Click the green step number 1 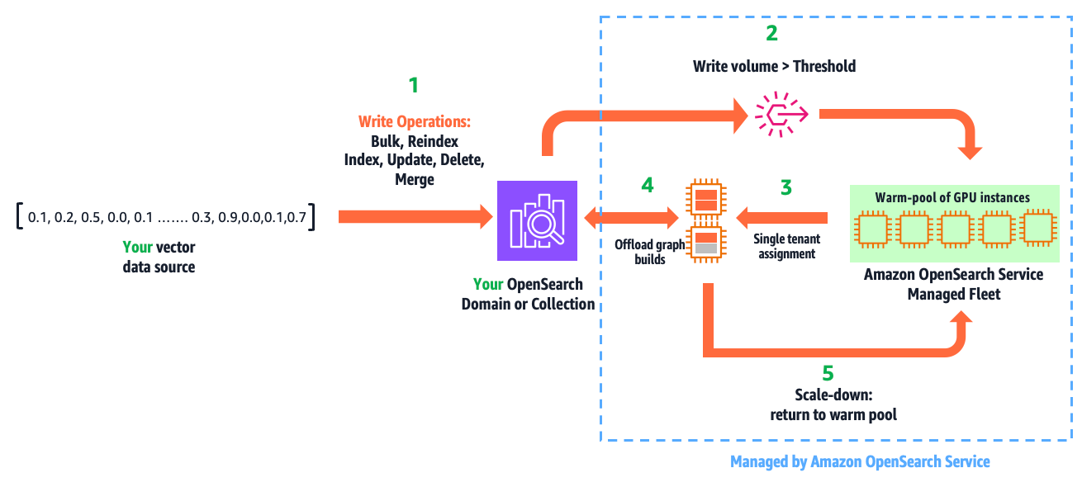coord(414,84)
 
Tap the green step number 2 coord(771,34)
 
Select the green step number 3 coord(785,187)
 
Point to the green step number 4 coord(648,187)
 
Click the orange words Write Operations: coord(415,122)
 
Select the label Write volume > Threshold coord(774,65)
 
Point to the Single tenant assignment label coord(785,246)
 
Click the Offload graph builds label coord(649,253)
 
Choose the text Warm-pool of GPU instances coord(952,198)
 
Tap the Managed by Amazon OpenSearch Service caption coord(860,462)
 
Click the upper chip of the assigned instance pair coord(705,199)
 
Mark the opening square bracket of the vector coord(17,217)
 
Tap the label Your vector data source coord(159,257)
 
